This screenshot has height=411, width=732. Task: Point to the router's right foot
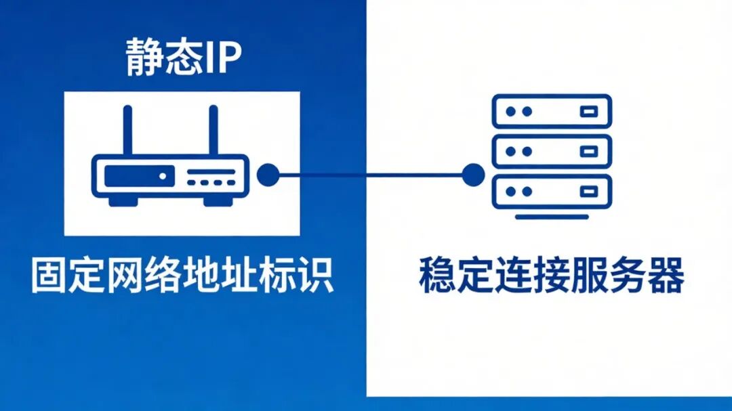coord(218,201)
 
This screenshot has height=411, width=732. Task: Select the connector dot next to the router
coord(268,175)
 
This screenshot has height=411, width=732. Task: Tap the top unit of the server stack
coord(552,111)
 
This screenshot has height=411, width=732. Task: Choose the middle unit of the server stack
coord(552,151)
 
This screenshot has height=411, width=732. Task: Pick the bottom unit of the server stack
coord(552,191)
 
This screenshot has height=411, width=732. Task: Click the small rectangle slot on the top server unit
coord(588,111)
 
